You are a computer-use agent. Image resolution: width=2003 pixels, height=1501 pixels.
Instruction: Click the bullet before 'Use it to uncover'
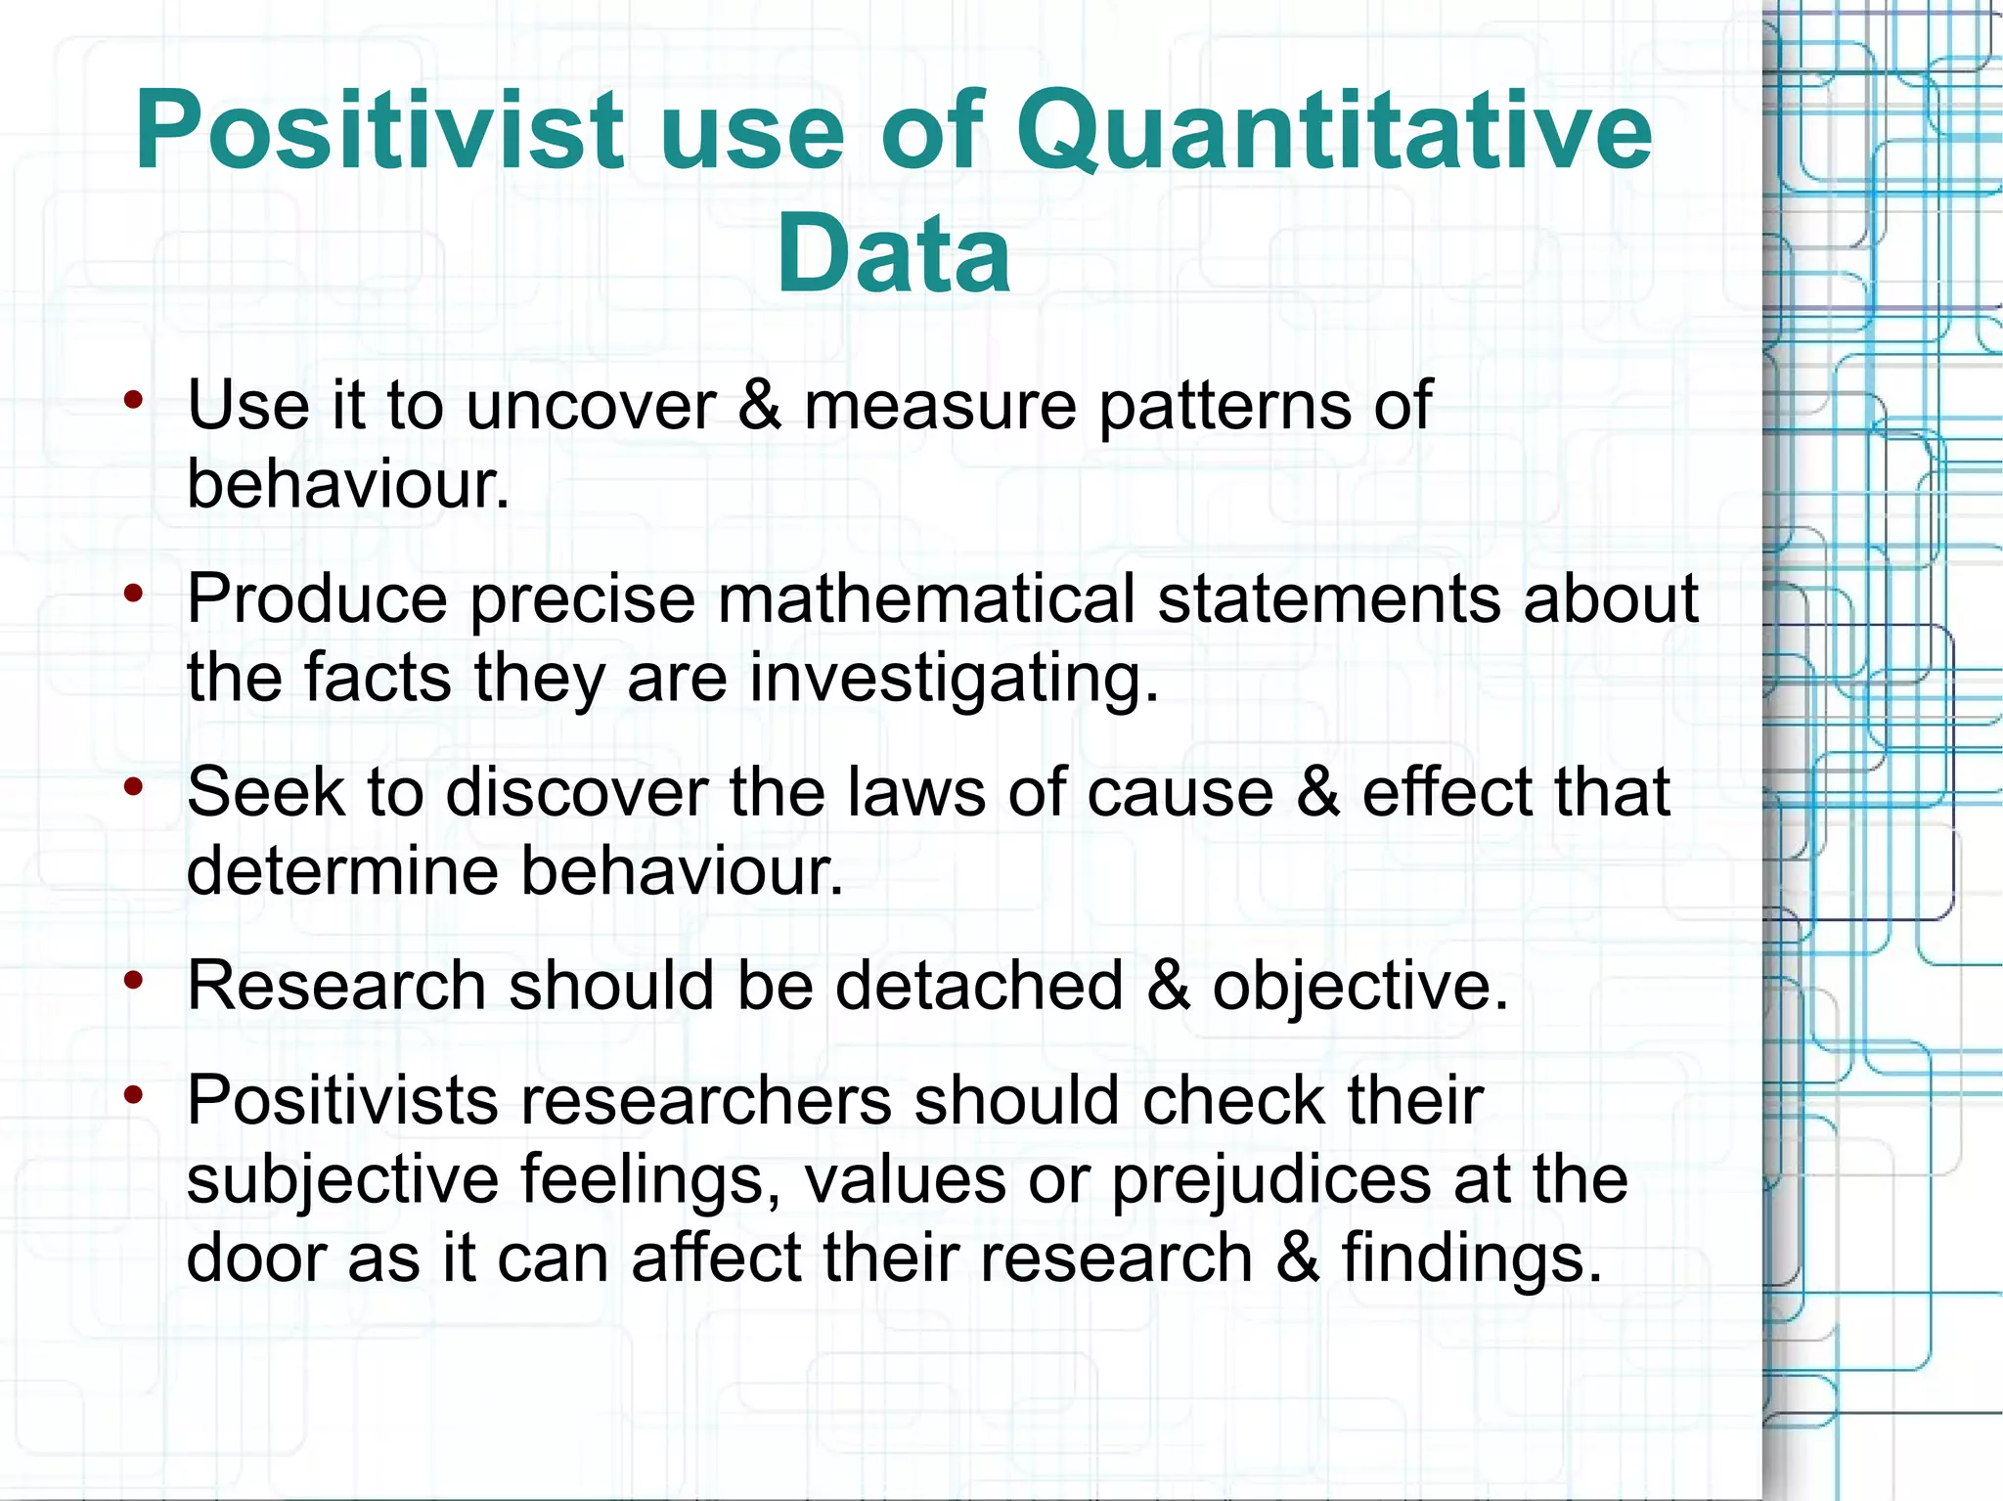coord(134,399)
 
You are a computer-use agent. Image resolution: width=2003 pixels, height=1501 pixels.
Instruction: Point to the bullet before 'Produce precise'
coord(134,593)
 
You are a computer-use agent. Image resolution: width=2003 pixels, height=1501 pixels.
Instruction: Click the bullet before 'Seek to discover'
coord(134,785)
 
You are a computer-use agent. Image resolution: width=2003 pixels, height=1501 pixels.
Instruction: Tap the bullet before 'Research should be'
coord(134,979)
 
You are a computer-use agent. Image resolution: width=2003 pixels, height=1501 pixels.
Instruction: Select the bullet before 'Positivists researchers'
coord(134,1094)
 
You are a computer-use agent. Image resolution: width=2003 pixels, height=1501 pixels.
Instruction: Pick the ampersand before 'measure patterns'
coord(760,405)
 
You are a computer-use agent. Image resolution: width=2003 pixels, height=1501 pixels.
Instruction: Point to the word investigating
coord(954,678)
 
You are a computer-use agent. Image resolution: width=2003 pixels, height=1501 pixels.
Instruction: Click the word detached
coord(979,985)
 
